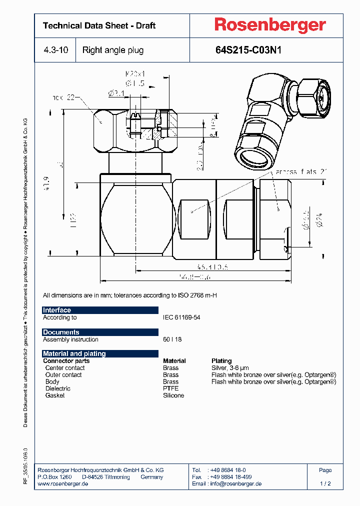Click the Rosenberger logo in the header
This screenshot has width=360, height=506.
[x=270, y=25]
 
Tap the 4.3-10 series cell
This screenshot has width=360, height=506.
[x=55, y=50]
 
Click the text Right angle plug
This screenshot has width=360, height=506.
[x=113, y=50]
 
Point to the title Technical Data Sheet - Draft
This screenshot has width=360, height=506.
[x=99, y=25]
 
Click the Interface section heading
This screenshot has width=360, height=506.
[x=57, y=310]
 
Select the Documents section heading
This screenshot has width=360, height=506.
[x=61, y=332]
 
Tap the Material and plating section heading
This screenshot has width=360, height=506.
[x=74, y=353]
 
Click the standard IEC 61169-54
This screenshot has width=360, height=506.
[x=181, y=317]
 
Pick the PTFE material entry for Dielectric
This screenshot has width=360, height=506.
[x=170, y=388]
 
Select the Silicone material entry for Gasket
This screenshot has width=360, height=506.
[x=173, y=395]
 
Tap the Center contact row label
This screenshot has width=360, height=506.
[x=64, y=367]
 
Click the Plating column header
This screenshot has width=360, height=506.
[x=221, y=360]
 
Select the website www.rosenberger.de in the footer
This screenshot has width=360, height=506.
[x=63, y=484]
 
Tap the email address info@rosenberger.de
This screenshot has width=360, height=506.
[x=235, y=484]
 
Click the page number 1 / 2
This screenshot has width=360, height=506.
[x=325, y=484]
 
